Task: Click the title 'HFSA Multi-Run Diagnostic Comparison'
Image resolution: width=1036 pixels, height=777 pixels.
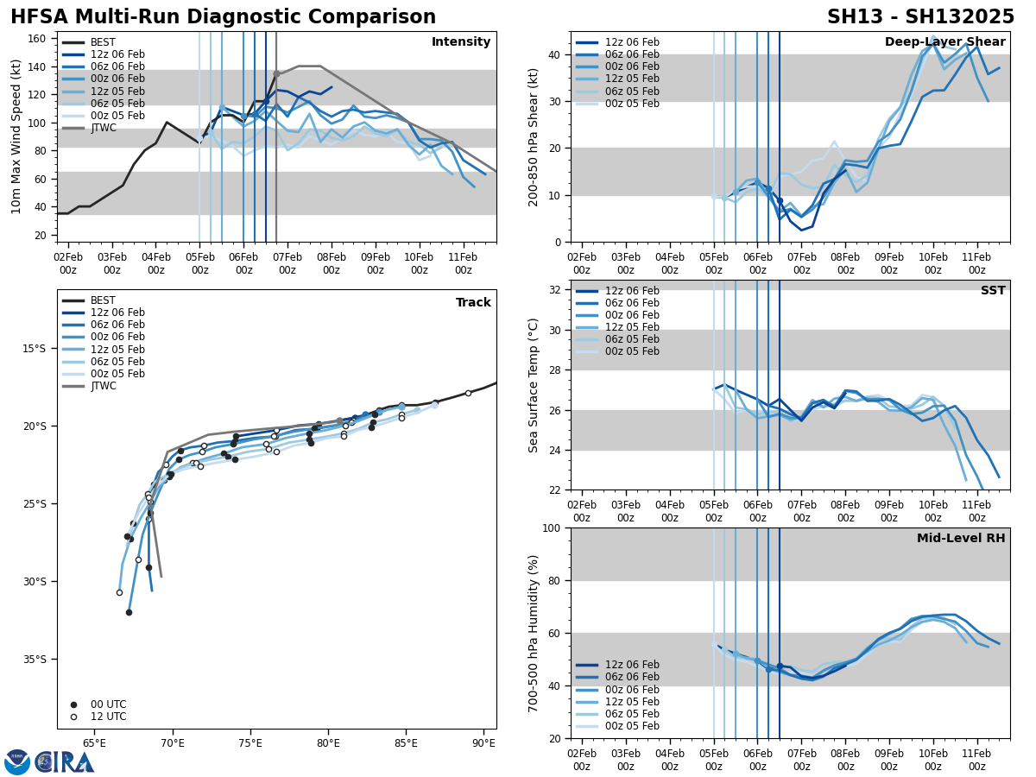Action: click(x=223, y=17)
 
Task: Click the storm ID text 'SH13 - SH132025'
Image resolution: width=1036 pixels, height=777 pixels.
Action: click(x=920, y=17)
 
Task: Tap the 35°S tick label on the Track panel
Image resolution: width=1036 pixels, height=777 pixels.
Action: click(x=35, y=660)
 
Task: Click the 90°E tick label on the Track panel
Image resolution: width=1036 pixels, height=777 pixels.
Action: click(x=483, y=742)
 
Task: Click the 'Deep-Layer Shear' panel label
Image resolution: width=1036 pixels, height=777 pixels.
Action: click(x=944, y=42)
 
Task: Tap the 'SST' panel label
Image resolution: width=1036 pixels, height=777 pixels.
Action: click(x=993, y=291)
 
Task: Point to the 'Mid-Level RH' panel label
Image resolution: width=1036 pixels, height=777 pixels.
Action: click(x=961, y=539)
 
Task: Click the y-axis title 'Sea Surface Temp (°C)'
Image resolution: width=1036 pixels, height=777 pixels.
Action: click(x=534, y=385)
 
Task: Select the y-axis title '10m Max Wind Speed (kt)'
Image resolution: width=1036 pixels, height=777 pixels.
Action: click(x=17, y=136)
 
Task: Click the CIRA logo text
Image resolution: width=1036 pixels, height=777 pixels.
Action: click(x=65, y=761)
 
